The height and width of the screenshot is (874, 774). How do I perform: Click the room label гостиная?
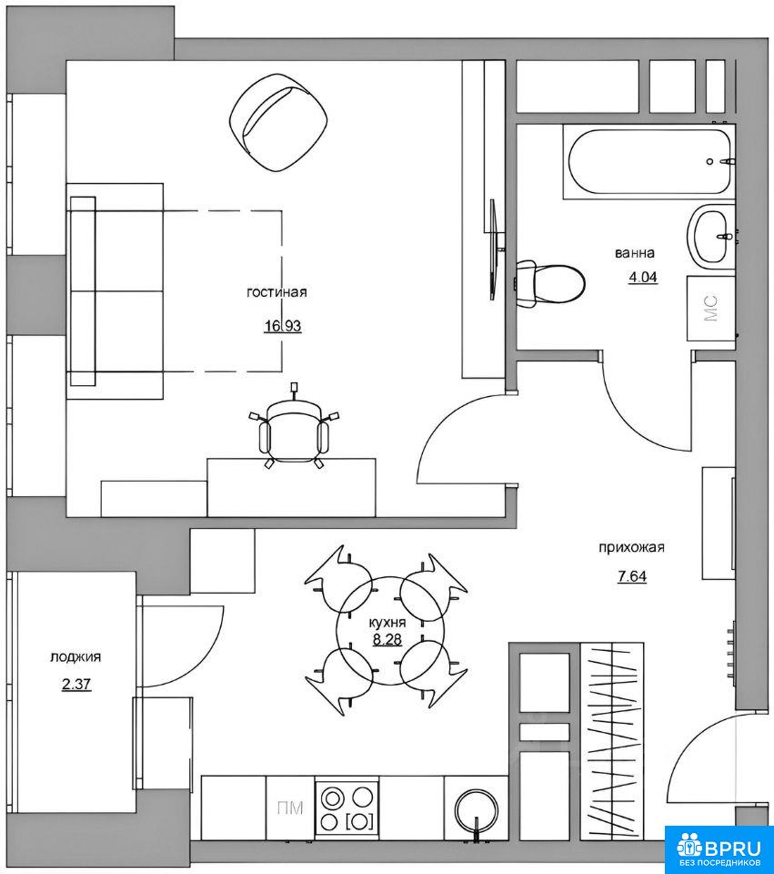point(276,292)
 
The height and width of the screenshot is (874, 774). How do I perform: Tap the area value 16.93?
point(283,326)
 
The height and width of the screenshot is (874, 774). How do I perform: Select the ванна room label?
point(635,253)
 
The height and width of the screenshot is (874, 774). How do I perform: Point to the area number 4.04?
point(643,277)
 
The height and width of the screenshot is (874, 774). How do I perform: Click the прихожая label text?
point(631,547)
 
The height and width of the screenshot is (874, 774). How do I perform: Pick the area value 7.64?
point(632,576)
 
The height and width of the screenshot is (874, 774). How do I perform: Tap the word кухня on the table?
point(387,623)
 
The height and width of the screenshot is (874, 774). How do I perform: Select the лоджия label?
point(75,657)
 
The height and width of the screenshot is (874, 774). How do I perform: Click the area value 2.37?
point(76,684)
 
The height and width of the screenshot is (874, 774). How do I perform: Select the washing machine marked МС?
point(711,308)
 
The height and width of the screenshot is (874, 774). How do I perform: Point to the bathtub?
point(648,162)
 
